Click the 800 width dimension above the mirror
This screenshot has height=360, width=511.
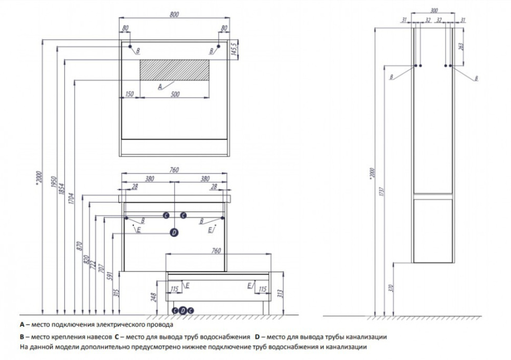pyautogui.click(x=174, y=16)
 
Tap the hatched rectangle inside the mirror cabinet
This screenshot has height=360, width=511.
pyautogui.click(x=174, y=69)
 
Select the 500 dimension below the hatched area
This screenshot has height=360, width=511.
pyautogui.click(x=175, y=94)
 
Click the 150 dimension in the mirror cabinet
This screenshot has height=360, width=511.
pyautogui.click(x=129, y=94)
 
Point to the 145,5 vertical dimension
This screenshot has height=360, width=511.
pyautogui.click(x=234, y=50)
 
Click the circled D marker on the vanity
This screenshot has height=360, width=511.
pyautogui.click(x=174, y=232)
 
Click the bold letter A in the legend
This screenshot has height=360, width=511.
pyautogui.click(x=21, y=325)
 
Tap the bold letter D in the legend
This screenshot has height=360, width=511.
pyautogui.click(x=257, y=337)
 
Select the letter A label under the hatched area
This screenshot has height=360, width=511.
pyautogui.click(x=160, y=87)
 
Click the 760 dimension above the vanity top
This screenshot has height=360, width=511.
pyautogui.click(x=174, y=171)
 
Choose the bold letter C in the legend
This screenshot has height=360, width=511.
pyautogui.click(x=117, y=337)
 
